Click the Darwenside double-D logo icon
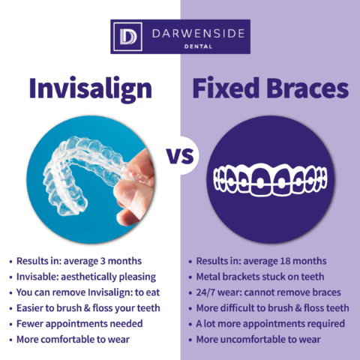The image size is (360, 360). pyautogui.click(x=127, y=37)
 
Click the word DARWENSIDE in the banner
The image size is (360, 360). pyautogui.click(x=199, y=34)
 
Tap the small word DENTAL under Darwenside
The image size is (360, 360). pyautogui.click(x=198, y=46)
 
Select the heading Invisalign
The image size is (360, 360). pyautogui.click(x=91, y=88)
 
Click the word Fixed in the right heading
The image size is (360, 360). pyautogui.click(x=226, y=88)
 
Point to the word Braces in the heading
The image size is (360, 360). pyautogui.click(x=307, y=88)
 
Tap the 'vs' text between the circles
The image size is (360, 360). pyautogui.click(x=180, y=155)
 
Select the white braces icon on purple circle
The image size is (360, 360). pyautogui.click(x=270, y=179)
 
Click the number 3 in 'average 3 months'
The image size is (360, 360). pyautogui.click(x=103, y=261)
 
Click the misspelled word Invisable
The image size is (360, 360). pyautogui.click(x=37, y=277)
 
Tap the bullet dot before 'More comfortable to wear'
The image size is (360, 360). pyautogui.click(x=10, y=340)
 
